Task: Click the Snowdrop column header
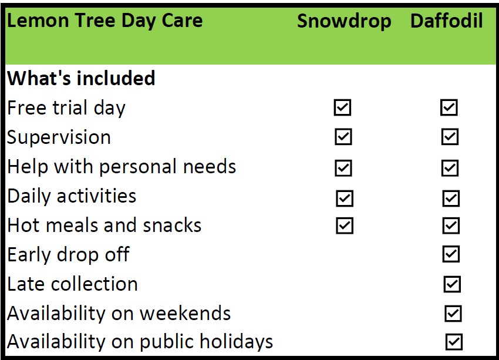coord(344,22)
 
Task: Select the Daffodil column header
coord(447,21)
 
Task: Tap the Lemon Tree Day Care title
coord(104,21)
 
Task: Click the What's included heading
coord(81,78)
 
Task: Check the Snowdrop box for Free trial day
coord(342,107)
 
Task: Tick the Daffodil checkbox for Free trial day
coord(449,107)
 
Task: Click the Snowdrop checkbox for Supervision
coord(343,137)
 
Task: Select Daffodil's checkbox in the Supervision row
coord(450,137)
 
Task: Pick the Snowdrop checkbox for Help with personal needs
coord(343,168)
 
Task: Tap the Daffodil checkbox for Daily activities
coord(451,198)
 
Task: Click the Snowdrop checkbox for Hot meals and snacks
coord(345,226)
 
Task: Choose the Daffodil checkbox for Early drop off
coord(451,254)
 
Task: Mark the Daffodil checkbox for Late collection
coord(452,284)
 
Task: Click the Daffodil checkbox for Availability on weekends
coord(453,314)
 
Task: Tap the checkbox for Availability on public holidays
coord(454,342)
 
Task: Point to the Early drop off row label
coord(68,255)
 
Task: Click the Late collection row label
coord(72,284)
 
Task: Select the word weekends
coord(185,313)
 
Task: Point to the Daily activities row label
coord(72,196)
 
